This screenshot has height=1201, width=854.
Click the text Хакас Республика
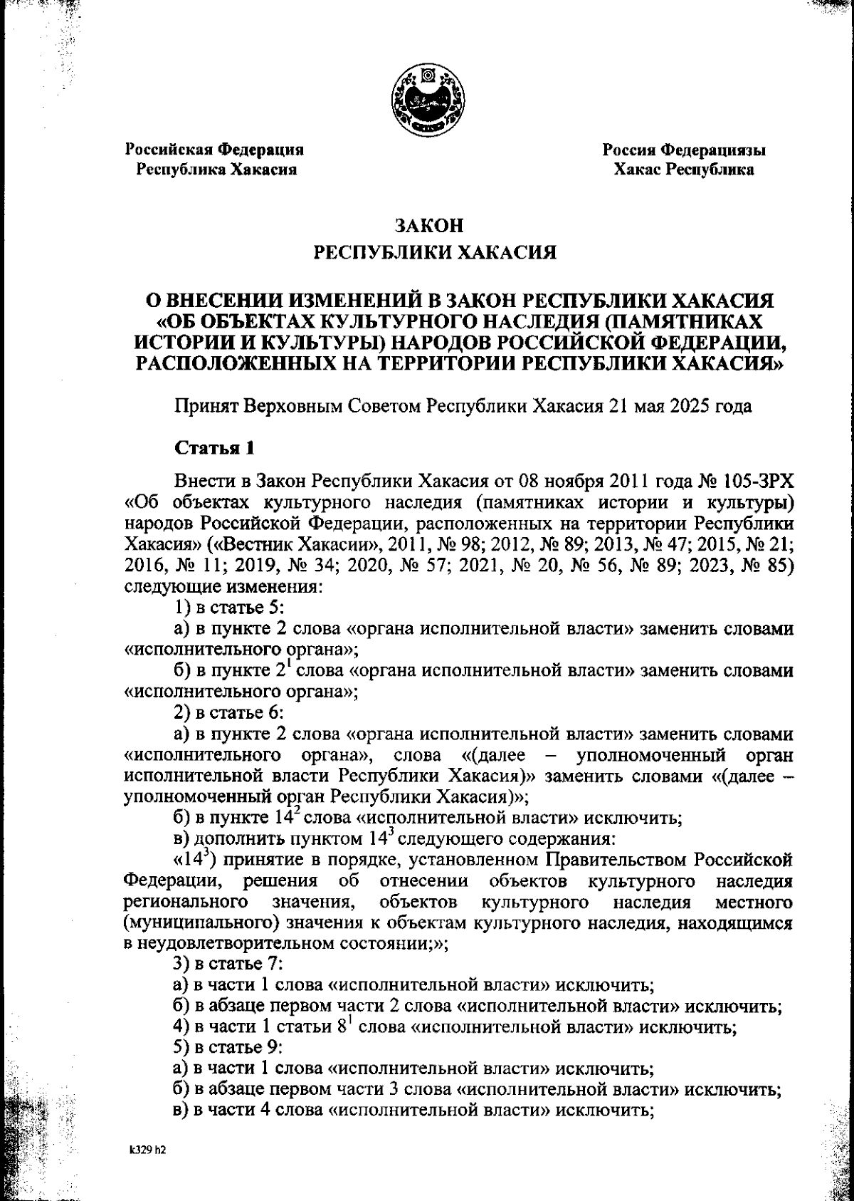[x=684, y=170]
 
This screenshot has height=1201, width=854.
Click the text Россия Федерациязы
[x=684, y=150]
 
